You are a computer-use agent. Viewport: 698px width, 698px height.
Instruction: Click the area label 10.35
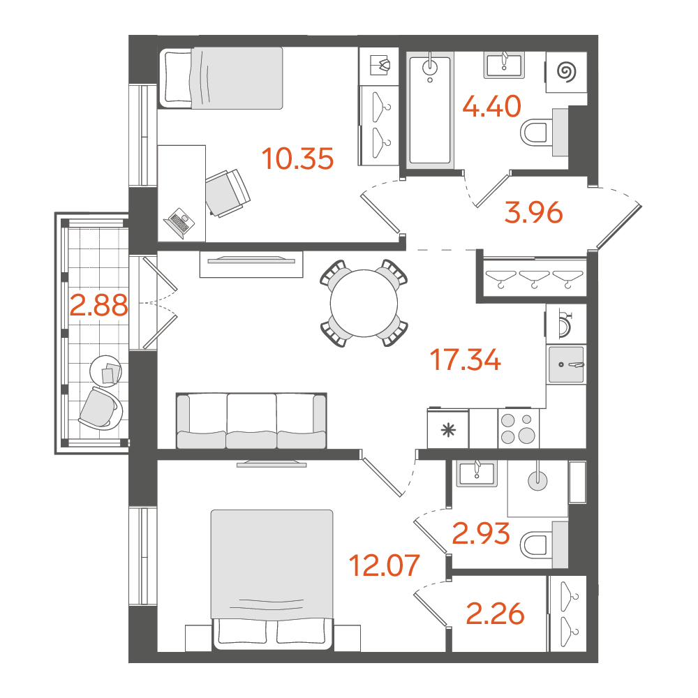pyautogui.click(x=297, y=159)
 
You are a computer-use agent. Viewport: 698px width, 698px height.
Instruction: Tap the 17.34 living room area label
pyautogui.click(x=465, y=360)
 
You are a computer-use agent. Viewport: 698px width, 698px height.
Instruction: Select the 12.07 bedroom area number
pyautogui.click(x=384, y=565)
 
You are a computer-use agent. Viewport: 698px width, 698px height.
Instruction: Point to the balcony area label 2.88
pyautogui.click(x=99, y=306)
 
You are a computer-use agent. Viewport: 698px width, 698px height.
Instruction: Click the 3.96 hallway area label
pyautogui.click(x=533, y=212)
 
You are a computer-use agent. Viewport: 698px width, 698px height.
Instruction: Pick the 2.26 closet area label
pyautogui.click(x=495, y=614)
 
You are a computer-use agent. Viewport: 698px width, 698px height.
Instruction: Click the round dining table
pyautogui.click(x=364, y=303)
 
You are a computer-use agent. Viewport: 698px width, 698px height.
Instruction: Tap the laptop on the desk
pyautogui.click(x=179, y=223)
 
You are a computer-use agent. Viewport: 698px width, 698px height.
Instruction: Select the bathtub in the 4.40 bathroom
pyautogui.click(x=430, y=110)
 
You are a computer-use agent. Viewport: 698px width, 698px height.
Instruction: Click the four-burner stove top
pyautogui.click(x=518, y=429)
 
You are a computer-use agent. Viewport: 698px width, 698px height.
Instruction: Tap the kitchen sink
pyautogui.click(x=566, y=364)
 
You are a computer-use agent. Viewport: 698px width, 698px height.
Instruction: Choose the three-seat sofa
pyautogui.click(x=251, y=421)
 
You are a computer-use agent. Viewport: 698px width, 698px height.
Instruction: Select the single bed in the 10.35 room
pyautogui.click(x=221, y=78)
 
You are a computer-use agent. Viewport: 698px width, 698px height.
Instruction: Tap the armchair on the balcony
pyautogui.click(x=100, y=408)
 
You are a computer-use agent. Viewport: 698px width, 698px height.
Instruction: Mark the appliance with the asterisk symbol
pyautogui.click(x=448, y=429)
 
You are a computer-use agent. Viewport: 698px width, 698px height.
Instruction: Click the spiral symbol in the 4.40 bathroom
pyautogui.click(x=567, y=72)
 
